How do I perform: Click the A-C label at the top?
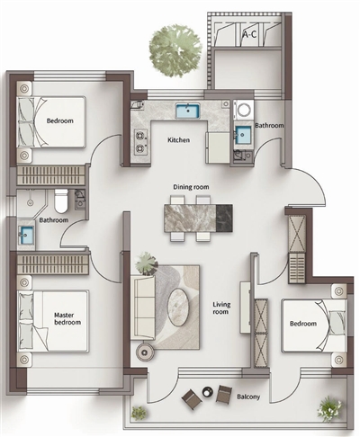coord(249,35)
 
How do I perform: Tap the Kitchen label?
coord(178,140)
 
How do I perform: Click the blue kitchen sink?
coord(188,111)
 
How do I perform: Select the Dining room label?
coord(191,187)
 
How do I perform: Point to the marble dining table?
coord(198,218)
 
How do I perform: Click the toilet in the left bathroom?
coord(61,201)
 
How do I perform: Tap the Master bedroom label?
coord(67,318)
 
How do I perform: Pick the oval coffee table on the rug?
coord(178,307)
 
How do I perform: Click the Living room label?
coord(221,308)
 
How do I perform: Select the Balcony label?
coord(248,397)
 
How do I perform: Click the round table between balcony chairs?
coord(207,391)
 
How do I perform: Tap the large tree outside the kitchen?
coord(175,51)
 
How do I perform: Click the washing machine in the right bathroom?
coord(243,111)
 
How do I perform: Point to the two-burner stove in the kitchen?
coord(140,142)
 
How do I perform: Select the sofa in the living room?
coord(143,308)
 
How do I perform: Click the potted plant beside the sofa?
coord(146,263)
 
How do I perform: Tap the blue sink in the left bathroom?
coord(26,235)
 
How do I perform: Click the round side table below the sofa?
coord(145,352)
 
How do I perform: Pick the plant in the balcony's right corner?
coord(329,409)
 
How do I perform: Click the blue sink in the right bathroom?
coord(243,135)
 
